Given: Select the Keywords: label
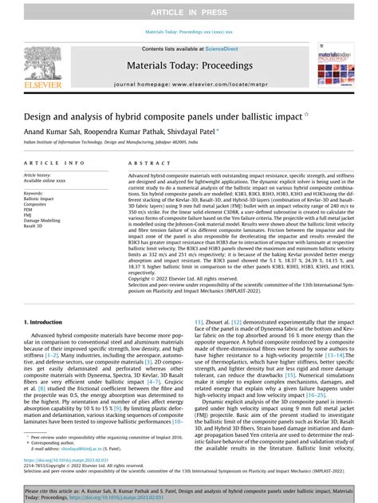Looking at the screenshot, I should pyautogui.click(x=34, y=193).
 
